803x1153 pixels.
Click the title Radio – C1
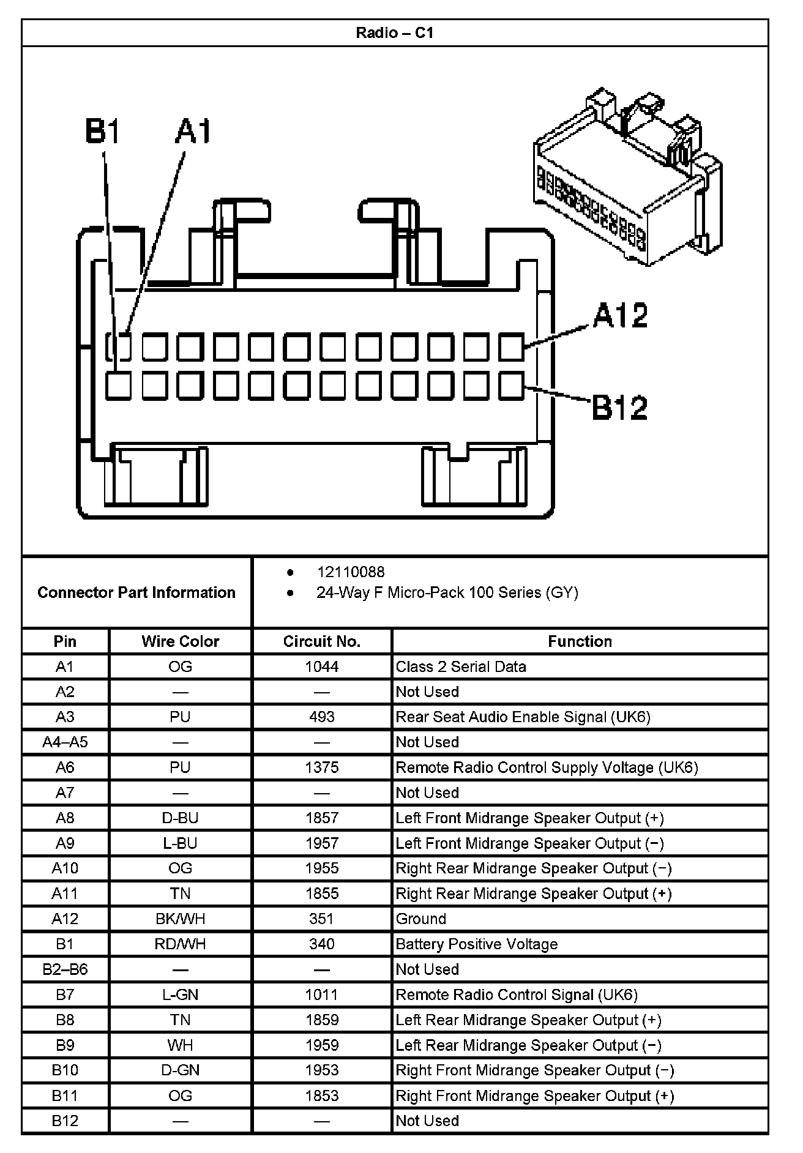click(x=395, y=32)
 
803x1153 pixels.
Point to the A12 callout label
click(x=620, y=316)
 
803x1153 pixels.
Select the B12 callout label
click(x=619, y=407)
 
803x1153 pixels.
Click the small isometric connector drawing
click(x=627, y=177)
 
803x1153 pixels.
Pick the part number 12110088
click(x=351, y=572)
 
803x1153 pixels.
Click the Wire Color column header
click(x=180, y=641)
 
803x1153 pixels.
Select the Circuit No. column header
click(x=321, y=641)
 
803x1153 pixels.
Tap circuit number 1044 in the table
click(x=321, y=666)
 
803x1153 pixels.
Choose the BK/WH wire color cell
click(x=180, y=919)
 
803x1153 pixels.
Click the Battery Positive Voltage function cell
click(x=476, y=944)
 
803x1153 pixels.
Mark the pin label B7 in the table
click(x=65, y=994)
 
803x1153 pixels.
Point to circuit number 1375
click(x=321, y=767)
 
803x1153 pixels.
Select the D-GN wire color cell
click(x=180, y=1070)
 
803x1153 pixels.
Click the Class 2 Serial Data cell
click(x=461, y=666)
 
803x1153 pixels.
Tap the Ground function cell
click(x=421, y=919)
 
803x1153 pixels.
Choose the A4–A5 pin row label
click(x=65, y=742)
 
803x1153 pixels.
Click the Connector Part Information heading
click(x=136, y=592)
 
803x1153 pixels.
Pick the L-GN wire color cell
click(x=180, y=994)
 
